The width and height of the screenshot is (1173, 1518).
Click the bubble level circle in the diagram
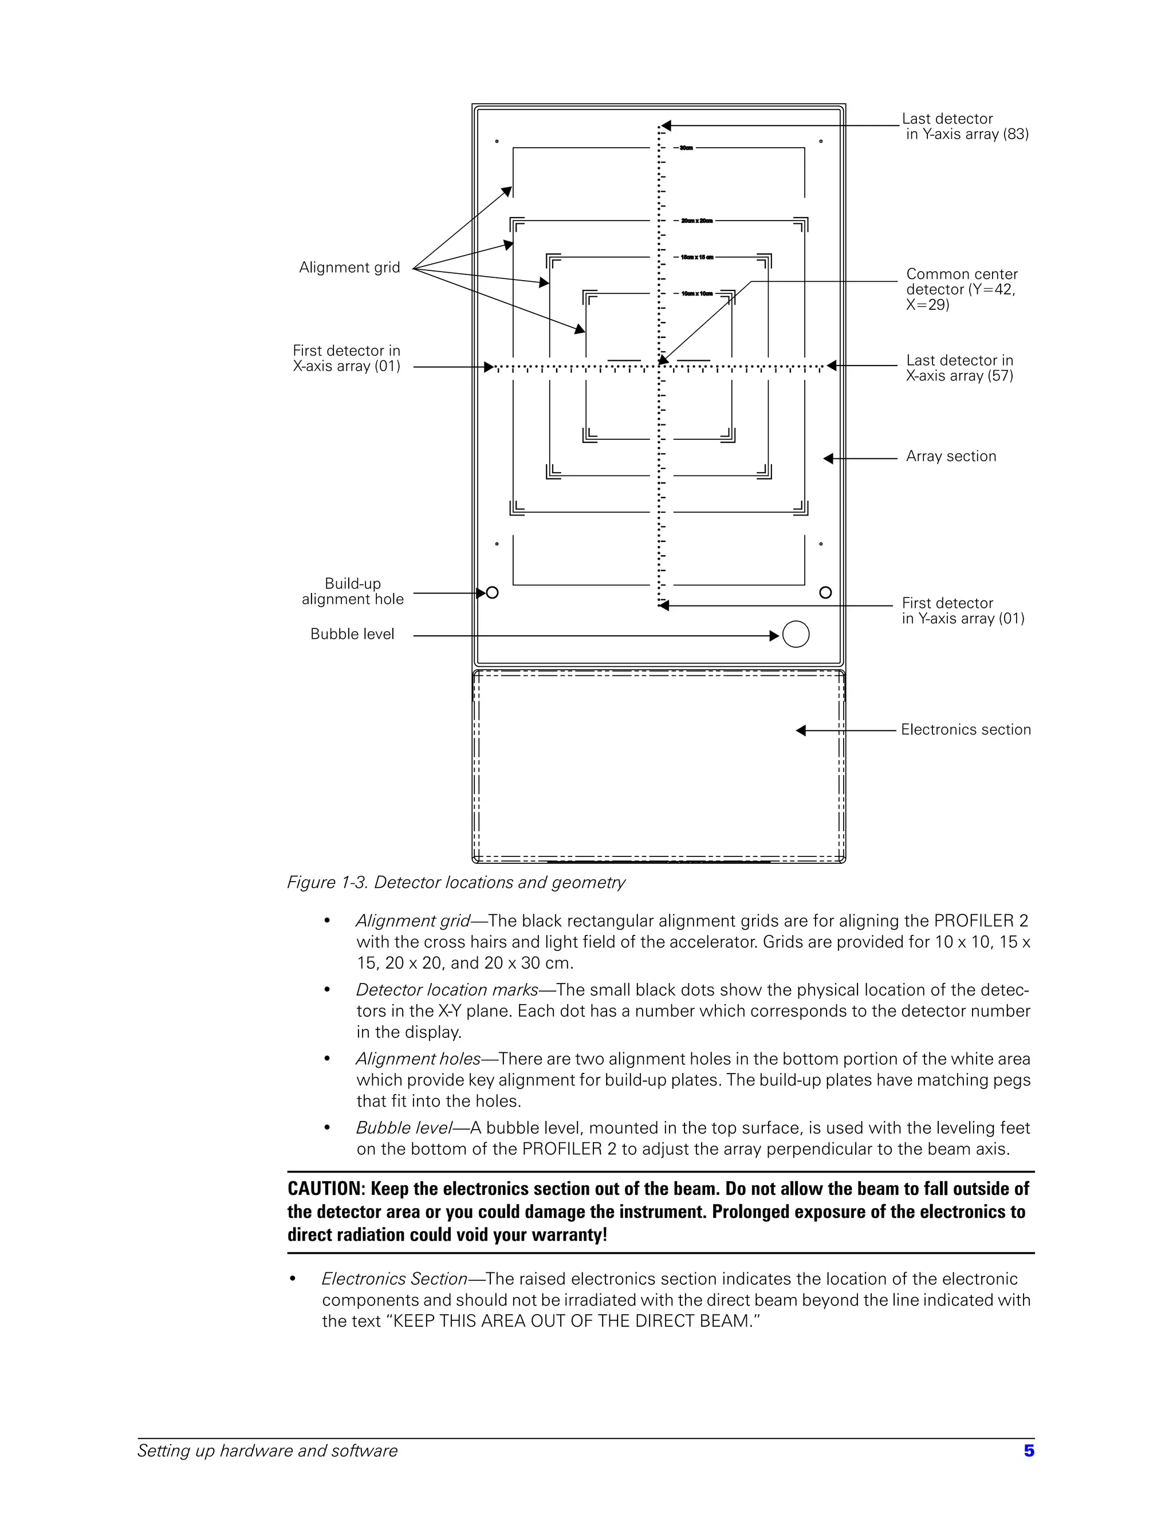click(796, 634)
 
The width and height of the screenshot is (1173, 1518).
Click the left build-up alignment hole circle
click(492, 593)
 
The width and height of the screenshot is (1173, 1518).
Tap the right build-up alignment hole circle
click(825, 592)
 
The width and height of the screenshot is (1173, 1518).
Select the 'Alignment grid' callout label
click(349, 268)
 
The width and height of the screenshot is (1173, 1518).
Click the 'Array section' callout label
click(951, 457)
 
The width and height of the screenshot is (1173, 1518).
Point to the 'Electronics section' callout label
click(965, 730)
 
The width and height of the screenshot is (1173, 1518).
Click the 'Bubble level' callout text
click(352, 634)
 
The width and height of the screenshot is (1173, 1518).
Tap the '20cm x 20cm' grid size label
click(696, 221)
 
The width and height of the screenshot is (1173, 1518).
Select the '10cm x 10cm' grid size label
click(696, 294)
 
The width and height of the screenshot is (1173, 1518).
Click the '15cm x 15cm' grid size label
click(696, 258)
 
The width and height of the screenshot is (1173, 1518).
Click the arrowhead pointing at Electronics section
click(801, 730)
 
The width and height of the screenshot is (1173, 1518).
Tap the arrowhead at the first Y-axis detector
click(664, 605)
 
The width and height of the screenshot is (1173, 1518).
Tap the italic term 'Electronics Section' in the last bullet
click(394, 1279)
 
